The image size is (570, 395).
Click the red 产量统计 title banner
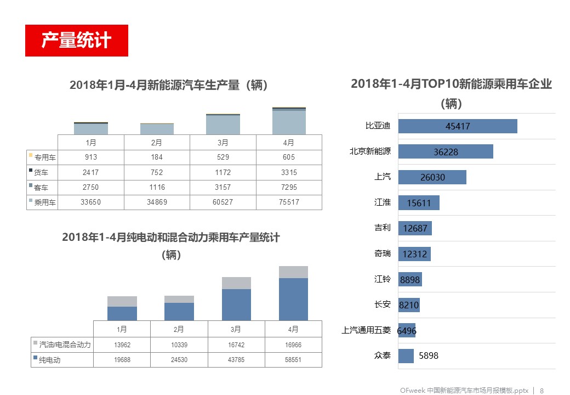click(77, 41)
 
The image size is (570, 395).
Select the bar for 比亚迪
click(458, 126)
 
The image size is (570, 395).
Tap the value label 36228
click(446, 152)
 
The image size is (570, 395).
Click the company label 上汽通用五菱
click(366, 330)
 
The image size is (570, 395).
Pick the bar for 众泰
click(406, 356)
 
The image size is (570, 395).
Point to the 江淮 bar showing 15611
click(419, 203)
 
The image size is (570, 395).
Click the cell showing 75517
click(289, 202)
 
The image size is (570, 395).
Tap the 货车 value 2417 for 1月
click(91, 172)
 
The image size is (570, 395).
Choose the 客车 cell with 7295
click(289, 187)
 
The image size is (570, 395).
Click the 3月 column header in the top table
click(223, 143)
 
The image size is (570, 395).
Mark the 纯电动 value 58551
click(293, 360)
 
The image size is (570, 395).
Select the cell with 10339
click(179, 345)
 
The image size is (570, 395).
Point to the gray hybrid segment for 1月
click(122, 301)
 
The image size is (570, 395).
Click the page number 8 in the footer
click(542, 391)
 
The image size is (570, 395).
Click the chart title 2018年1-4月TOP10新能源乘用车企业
click(451, 84)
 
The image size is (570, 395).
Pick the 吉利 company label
click(383, 228)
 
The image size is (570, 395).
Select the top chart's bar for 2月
click(157, 129)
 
